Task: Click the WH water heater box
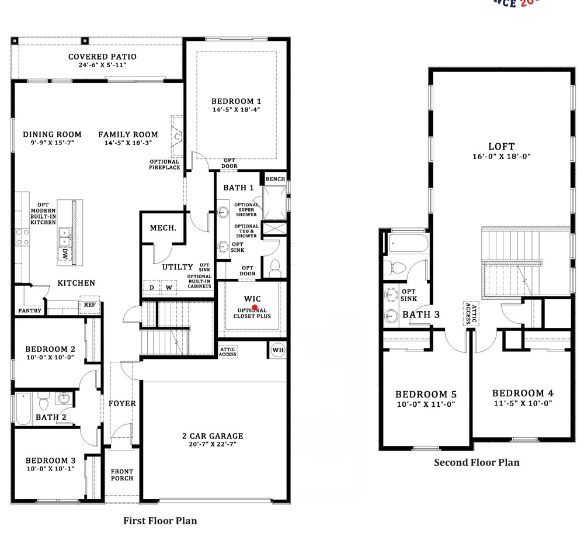click(x=277, y=350)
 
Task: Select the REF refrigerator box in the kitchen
click(x=89, y=305)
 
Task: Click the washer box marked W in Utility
click(x=169, y=288)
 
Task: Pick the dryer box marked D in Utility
click(x=152, y=288)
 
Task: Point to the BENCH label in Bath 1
click(x=275, y=179)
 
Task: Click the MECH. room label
click(x=163, y=227)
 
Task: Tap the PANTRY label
click(x=30, y=310)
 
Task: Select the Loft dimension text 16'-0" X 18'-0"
click(x=501, y=156)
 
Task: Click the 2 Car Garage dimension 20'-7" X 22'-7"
click(x=211, y=445)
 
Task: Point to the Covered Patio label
click(x=102, y=57)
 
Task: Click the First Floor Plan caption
click(x=160, y=520)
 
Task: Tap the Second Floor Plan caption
click(x=476, y=462)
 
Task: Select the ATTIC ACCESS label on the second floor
click(x=467, y=313)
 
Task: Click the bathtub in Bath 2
click(x=23, y=409)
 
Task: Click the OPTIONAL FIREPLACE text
click(x=164, y=165)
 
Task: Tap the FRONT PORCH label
click(x=122, y=475)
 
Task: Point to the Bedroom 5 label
click(x=425, y=394)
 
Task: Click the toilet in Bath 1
click(x=274, y=269)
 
